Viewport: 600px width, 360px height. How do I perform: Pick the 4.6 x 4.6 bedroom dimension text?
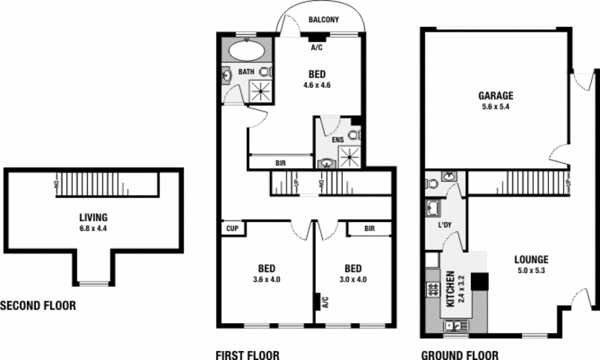317,85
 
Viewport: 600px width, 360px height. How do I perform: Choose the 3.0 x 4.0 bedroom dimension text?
352,280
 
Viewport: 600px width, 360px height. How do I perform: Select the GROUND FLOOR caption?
459,355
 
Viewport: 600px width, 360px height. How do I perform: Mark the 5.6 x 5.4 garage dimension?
496,107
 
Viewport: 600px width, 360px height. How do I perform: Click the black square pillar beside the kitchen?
480,280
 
